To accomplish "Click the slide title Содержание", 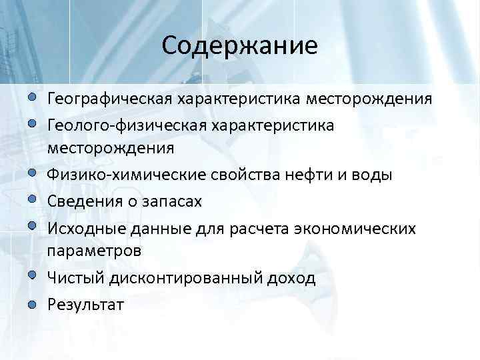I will [239, 45].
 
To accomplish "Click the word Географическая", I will [109, 99].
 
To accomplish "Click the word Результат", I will [85, 304].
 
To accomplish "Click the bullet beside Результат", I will [33, 304].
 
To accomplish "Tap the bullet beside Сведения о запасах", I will [33, 199].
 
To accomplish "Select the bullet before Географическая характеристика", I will [33, 99].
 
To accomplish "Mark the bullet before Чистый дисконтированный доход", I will [33, 277].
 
